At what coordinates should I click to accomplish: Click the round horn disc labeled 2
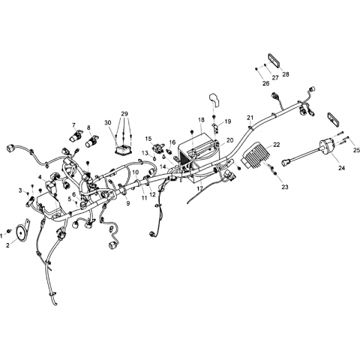[21, 233]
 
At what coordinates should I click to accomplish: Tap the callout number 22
[276, 145]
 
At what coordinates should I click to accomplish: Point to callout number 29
[124, 114]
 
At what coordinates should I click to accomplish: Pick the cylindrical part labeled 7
[75, 135]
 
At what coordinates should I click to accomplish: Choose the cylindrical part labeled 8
[91, 141]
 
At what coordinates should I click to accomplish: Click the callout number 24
[341, 168]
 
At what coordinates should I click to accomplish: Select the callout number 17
[199, 188]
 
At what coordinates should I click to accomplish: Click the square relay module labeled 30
[123, 148]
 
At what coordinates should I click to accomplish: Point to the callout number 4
[40, 177]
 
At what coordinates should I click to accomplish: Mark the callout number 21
[250, 118]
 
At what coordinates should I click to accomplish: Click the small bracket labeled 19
[215, 127]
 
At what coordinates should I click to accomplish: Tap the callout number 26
[265, 83]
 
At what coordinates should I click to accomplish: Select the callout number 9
[128, 203]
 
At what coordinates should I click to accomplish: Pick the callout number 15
[148, 139]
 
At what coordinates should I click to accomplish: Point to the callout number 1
[1, 235]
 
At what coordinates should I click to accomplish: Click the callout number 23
[285, 187]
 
